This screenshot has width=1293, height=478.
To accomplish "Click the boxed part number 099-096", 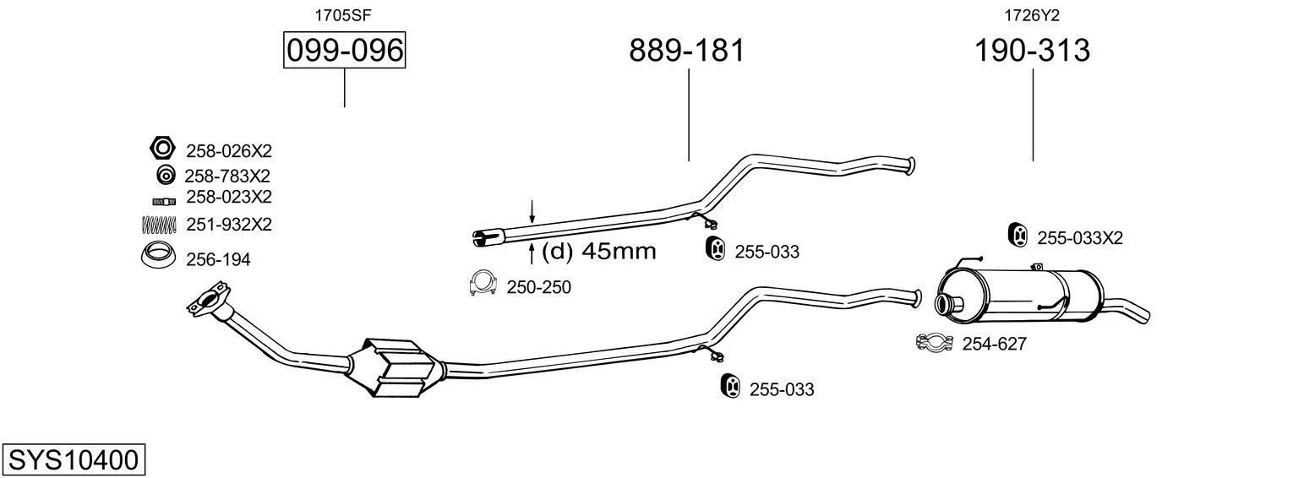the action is (x=344, y=50).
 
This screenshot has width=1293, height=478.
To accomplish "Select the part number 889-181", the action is (x=687, y=50).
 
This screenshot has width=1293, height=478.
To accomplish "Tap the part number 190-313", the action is (x=1032, y=50).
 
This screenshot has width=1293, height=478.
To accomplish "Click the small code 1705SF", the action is (x=343, y=15).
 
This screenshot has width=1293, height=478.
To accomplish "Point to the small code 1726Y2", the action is (x=1032, y=15).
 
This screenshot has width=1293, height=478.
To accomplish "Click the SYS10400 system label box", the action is (x=74, y=460).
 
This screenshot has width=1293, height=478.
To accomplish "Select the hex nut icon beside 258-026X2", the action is (x=162, y=148).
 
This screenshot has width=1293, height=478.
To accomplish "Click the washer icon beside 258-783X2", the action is (x=166, y=175).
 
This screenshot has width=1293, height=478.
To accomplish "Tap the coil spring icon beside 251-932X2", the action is (x=159, y=225).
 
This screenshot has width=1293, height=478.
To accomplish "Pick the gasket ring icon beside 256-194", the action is (x=158, y=255).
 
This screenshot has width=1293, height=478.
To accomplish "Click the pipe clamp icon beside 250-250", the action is (x=483, y=283).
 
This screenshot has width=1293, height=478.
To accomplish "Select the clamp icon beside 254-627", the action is (x=934, y=343).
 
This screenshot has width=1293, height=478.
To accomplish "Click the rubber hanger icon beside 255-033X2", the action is (x=1018, y=235).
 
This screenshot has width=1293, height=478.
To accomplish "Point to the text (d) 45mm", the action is (x=598, y=252).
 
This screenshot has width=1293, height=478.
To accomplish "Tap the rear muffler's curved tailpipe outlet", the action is (x=1126, y=310).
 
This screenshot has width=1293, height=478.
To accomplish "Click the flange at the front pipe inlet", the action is (x=209, y=299).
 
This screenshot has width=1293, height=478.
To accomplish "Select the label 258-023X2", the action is (x=228, y=198).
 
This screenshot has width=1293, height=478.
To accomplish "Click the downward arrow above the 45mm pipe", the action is (x=532, y=212).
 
